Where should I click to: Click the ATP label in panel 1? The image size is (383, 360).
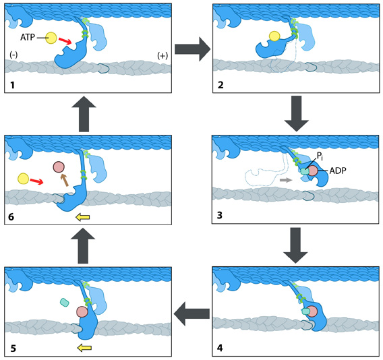[x=28, y=37]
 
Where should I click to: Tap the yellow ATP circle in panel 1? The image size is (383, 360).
[x=51, y=38]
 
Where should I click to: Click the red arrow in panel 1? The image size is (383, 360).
[x=65, y=42]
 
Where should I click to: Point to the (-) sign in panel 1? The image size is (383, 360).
[x=13, y=55]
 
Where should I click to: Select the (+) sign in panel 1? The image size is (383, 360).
[x=163, y=56]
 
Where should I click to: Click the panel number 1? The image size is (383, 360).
[x=12, y=85]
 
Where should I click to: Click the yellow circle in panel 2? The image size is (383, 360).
[x=274, y=36]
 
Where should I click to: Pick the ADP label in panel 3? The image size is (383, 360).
[x=338, y=171]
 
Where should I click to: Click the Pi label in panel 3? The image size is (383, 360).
[x=320, y=156]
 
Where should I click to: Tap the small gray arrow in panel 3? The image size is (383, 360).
[x=286, y=180]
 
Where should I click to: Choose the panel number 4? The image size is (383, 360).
[x=220, y=348]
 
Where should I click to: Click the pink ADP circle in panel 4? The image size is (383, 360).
[x=312, y=311]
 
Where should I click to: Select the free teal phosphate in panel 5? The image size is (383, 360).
[x=65, y=303]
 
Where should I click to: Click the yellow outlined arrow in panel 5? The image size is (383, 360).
[x=84, y=348]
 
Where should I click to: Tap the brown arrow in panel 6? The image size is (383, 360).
[x=65, y=180]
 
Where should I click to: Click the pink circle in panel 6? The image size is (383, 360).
[x=59, y=167]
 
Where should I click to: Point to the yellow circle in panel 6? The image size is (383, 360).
[x=23, y=179]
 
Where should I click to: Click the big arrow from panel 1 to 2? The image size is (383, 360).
[x=193, y=49]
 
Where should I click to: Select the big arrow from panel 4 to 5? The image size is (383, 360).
[x=191, y=313]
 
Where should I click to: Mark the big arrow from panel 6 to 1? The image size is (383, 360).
[x=84, y=114]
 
